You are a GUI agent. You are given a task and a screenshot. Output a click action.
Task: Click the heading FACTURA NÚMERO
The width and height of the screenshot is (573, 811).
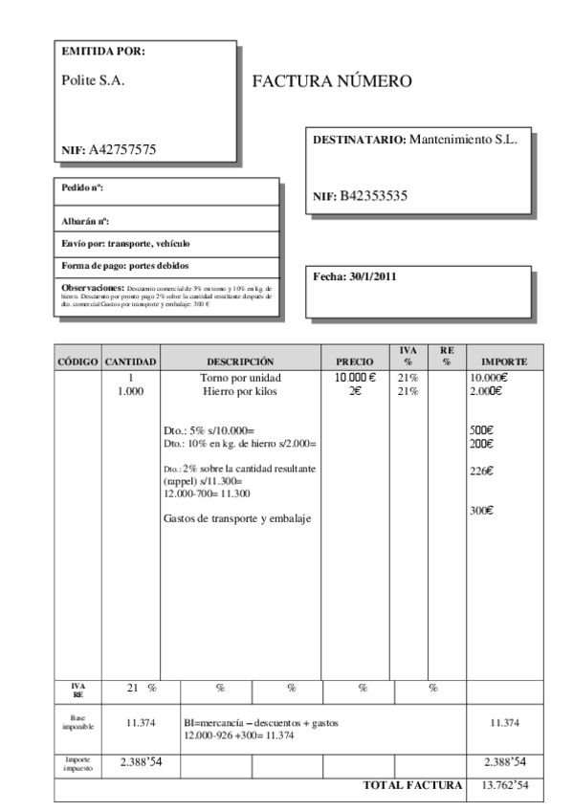coord(332,82)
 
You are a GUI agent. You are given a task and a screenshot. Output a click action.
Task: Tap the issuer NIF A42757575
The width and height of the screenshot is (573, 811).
coord(109,150)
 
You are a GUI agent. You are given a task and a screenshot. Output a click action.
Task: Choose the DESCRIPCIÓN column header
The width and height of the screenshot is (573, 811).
coord(240,362)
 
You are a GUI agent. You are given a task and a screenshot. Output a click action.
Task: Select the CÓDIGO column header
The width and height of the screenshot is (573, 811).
coord(77,362)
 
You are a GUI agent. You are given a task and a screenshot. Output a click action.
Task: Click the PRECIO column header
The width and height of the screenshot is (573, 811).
coord(356,362)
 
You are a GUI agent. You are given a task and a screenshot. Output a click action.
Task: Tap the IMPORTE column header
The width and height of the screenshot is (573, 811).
coord(504,362)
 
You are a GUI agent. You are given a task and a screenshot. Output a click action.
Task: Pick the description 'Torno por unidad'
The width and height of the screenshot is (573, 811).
coord(240,379)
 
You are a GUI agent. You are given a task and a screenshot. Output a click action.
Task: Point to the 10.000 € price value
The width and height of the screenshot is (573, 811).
coord(355,379)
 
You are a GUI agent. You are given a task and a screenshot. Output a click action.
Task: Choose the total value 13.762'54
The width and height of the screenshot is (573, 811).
coord(503,785)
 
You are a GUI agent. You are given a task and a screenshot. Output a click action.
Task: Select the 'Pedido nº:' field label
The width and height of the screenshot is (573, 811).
coord(82,188)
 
